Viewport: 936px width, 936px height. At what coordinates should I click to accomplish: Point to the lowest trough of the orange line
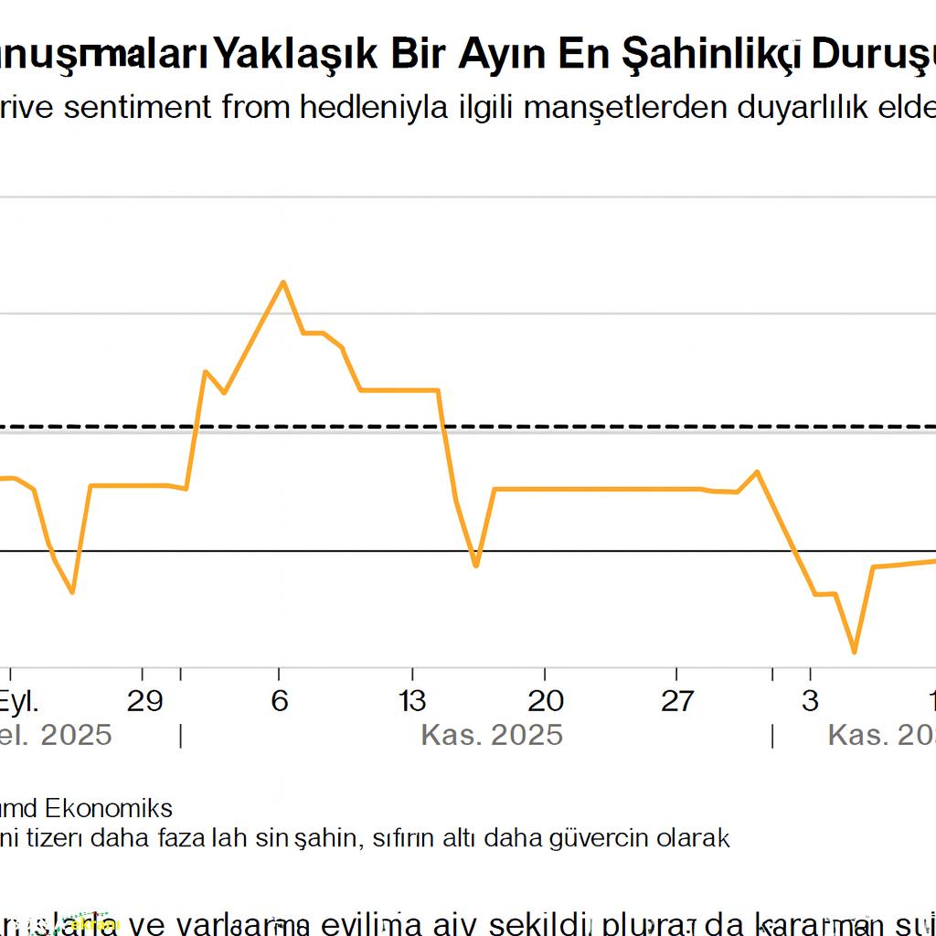tap(855, 652)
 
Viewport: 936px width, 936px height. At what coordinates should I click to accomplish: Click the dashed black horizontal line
tap(548, 426)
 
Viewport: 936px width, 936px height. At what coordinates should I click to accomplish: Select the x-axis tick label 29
tap(144, 701)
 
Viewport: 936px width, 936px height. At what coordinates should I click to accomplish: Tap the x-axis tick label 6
tap(280, 701)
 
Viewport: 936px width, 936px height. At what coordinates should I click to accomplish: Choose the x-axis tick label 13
tap(412, 701)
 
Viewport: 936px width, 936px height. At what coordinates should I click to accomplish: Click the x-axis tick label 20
tap(546, 701)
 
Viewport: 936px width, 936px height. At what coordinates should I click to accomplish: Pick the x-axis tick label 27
tap(677, 701)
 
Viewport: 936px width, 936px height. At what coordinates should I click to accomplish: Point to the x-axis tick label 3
tap(810, 701)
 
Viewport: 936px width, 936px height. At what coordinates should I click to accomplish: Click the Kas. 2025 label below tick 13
tap(492, 735)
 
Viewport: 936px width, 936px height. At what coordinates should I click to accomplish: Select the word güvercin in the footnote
tap(600, 836)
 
